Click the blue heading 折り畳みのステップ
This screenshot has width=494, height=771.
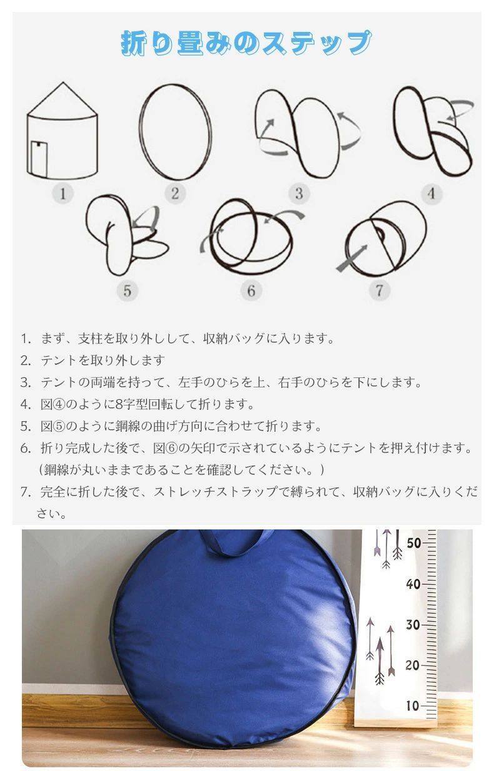pyautogui.click(x=246, y=43)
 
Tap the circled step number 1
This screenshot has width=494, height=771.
pyautogui.click(x=63, y=193)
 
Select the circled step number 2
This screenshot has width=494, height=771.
pyautogui.click(x=175, y=193)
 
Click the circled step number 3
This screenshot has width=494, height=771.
pyautogui.click(x=299, y=193)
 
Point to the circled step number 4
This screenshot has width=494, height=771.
pyautogui.click(x=431, y=193)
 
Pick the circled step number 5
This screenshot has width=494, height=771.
pyautogui.click(x=128, y=291)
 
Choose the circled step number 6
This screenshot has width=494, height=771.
pyautogui.click(x=251, y=291)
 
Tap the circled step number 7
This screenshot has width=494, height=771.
pyautogui.click(x=379, y=290)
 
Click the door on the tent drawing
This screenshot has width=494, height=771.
pyautogui.click(x=39, y=160)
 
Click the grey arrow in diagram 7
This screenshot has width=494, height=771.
pyautogui.click(x=351, y=258)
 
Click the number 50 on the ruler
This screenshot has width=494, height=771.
pyautogui.click(x=413, y=543)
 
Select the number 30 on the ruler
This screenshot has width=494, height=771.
pyautogui.click(x=413, y=625)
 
